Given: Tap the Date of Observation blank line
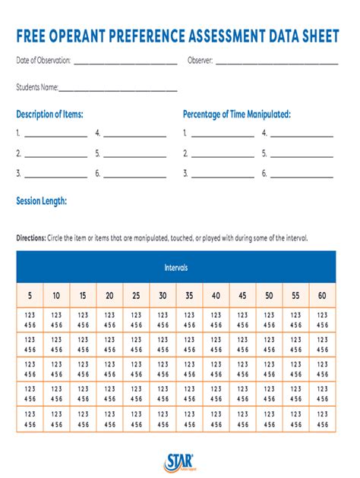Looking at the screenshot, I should tap(125, 62).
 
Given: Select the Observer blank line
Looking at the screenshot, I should tap(277, 62).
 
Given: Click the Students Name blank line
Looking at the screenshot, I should tap(118, 90).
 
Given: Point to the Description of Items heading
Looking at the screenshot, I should tap(49, 115).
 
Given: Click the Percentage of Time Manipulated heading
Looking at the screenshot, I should tap(237, 115).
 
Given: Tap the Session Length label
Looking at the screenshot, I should tap(42, 201).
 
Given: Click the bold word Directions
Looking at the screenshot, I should tap(30, 237).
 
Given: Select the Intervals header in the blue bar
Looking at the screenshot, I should tap(175, 268).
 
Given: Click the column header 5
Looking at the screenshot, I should tap(30, 295).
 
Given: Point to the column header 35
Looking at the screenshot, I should tap(189, 295).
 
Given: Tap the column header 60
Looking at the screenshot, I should tap(322, 295).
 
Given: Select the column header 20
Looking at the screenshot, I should tap(109, 295).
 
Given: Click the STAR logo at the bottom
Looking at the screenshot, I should tap(180, 461).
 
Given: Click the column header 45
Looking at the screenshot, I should tap(242, 295).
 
